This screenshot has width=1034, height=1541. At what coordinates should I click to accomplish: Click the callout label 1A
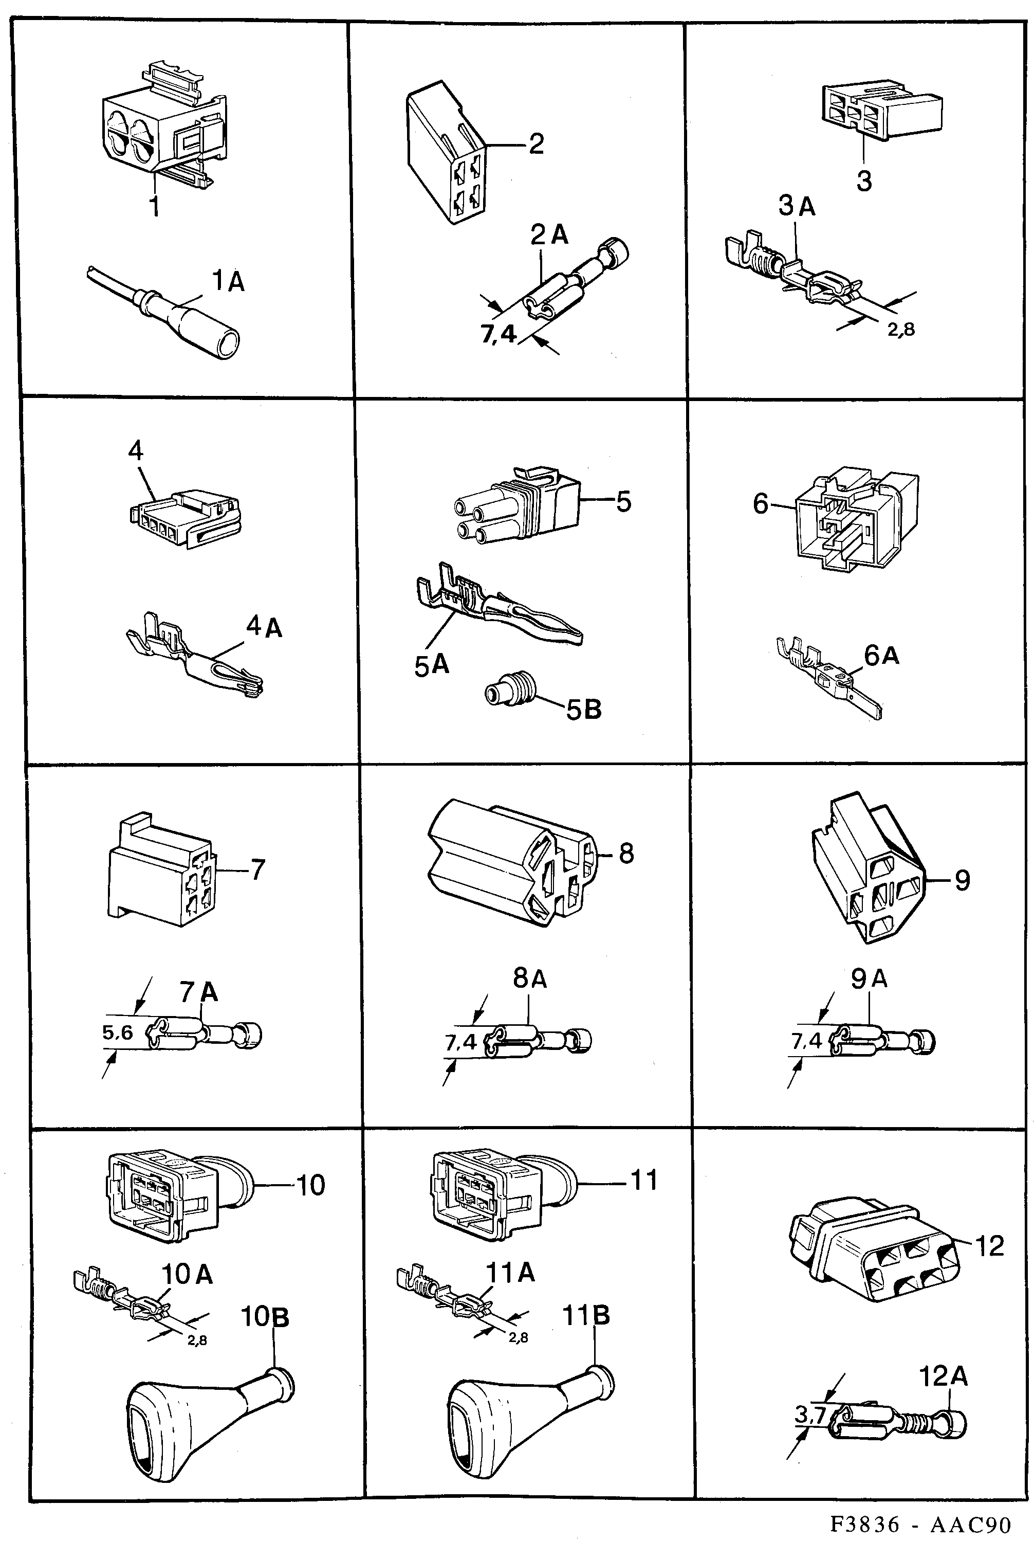click(x=228, y=282)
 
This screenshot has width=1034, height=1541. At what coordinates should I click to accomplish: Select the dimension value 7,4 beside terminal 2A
click(x=498, y=334)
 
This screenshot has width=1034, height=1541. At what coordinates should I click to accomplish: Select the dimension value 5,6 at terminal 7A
click(x=117, y=1032)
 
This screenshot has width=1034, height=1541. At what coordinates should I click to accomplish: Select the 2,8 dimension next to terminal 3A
click(x=901, y=329)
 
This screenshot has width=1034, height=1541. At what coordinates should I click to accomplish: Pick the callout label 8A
click(x=529, y=978)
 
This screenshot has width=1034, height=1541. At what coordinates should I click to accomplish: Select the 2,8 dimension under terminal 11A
click(x=519, y=1337)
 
